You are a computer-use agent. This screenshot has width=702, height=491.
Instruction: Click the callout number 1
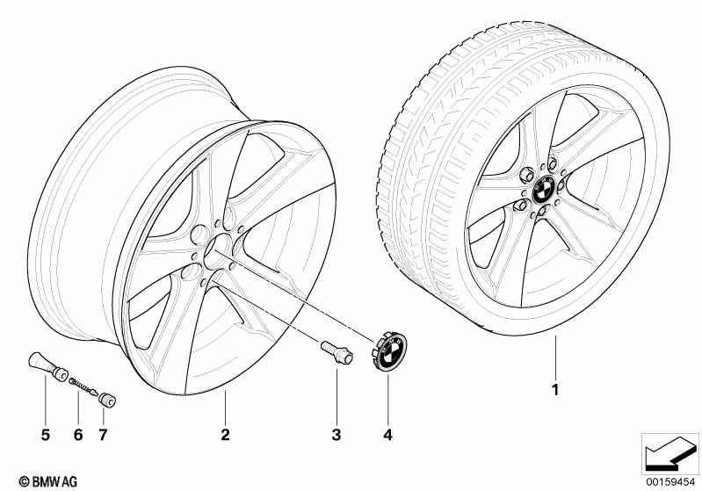click(554, 387)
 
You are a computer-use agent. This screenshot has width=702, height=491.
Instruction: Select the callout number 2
click(225, 434)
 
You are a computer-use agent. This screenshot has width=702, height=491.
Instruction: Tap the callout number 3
click(336, 434)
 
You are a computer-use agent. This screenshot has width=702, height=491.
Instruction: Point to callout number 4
click(387, 434)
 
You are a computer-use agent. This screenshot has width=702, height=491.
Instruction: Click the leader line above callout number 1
click(554, 355)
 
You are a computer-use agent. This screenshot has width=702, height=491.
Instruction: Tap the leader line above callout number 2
click(225, 408)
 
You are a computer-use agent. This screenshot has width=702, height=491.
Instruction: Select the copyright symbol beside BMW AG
click(11, 480)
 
